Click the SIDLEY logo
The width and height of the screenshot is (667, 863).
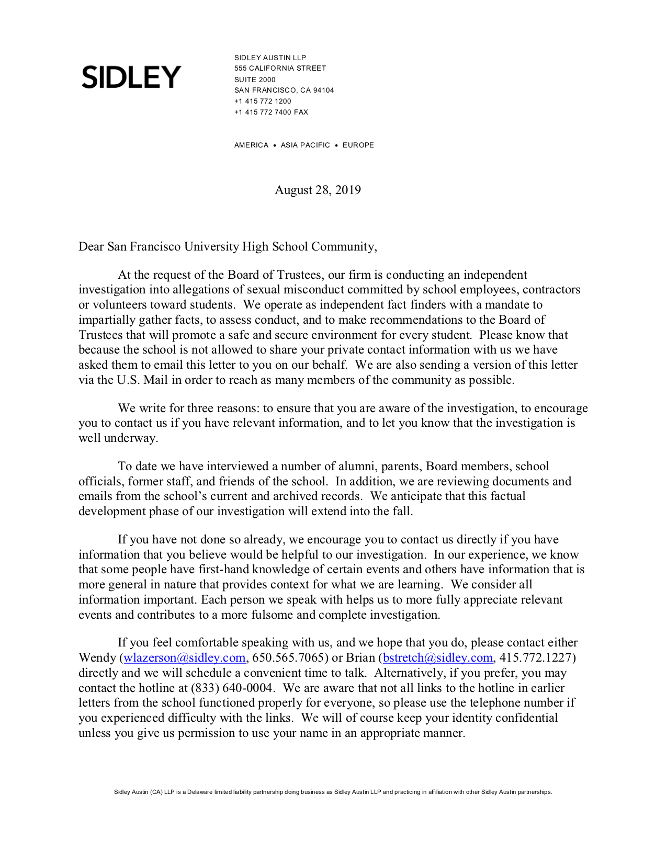coord(131,77)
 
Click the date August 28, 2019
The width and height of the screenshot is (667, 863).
coord(318,190)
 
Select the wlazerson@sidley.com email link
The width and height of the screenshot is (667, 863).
coord(184,658)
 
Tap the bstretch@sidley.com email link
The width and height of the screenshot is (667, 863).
coord(438,658)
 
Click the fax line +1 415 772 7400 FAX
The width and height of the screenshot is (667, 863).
coord(271,112)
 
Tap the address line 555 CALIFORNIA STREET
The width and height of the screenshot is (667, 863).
coord(280,69)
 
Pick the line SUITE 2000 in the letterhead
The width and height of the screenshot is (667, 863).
coord(255,80)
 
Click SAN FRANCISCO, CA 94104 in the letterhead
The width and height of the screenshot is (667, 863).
coord(284,90)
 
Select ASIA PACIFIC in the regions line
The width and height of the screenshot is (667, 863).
coord(305,145)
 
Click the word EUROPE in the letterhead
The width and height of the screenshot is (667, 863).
coord(358,145)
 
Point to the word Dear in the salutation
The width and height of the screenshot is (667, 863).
coord(91,247)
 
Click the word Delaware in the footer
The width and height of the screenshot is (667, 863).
coord(200,792)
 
